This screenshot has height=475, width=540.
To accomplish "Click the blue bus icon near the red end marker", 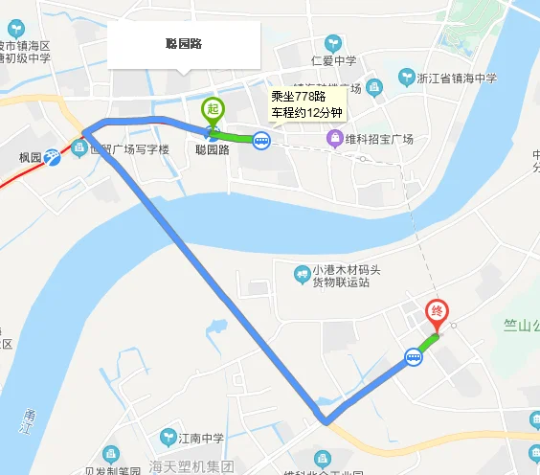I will pyautogui.click(x=414, y=357).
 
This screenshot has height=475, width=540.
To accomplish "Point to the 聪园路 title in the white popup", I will pyautogui.click(x=184, y=44).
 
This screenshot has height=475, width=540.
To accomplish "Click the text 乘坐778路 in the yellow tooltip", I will pyautogui.click(x=298, y=96).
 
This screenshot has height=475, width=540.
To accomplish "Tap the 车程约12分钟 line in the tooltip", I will pyautogui.click(x=304, y=114).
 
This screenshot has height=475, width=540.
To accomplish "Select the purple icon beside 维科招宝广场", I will pyautogui.click(x=335, y=140).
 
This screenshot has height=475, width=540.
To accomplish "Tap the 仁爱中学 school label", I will pyautogui.click(x=334, y=60).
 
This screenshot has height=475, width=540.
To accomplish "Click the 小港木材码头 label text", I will pyautogui.click(x=342, y=270).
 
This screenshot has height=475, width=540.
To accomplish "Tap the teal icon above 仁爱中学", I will pyautogui.click(x=333, y=43).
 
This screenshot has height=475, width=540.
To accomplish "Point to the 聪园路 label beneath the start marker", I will pyautogui.click(x=212, y=149).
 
